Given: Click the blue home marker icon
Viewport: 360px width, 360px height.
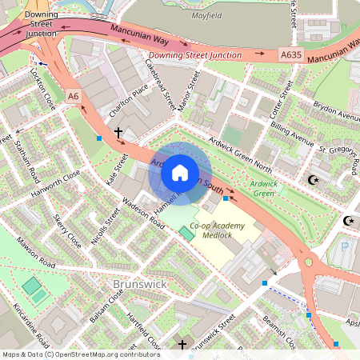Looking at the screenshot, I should coord(180,173).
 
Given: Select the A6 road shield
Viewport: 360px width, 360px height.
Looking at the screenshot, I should coord(74,96).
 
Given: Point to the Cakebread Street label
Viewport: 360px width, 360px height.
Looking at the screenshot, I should coord(159,85).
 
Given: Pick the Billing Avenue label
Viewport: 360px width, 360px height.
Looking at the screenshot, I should coord(290,133).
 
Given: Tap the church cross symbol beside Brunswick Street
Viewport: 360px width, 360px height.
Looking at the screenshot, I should coord(182,345).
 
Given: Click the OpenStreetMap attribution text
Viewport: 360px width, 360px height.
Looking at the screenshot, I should coord(80,354).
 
